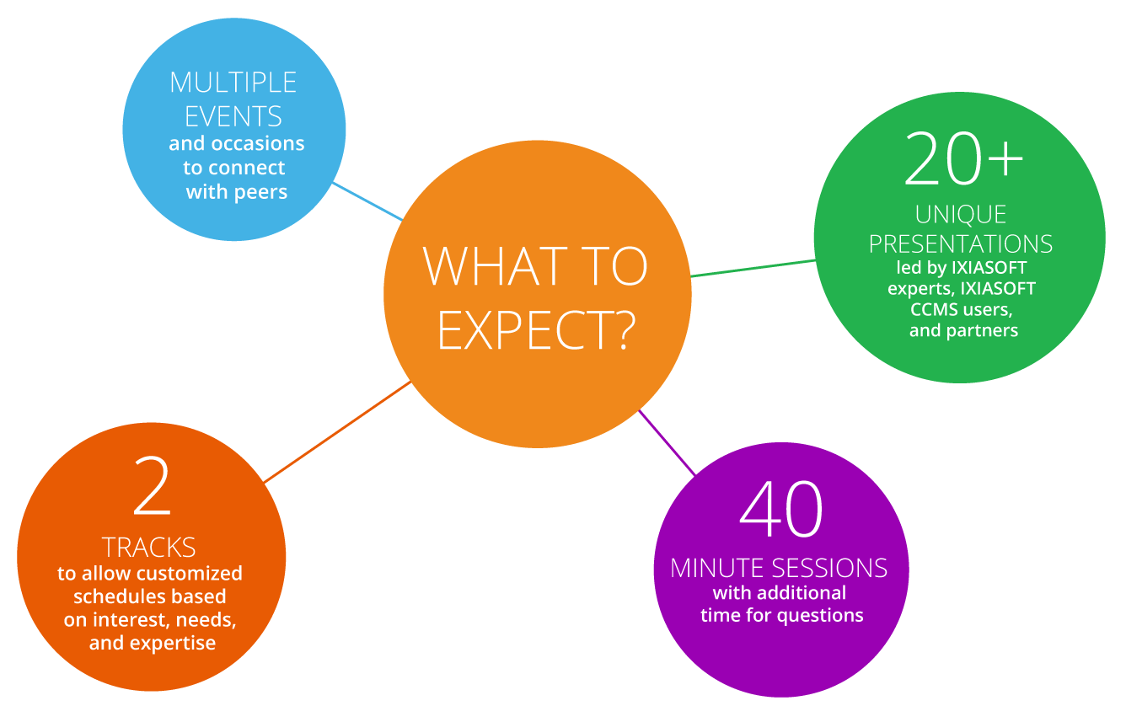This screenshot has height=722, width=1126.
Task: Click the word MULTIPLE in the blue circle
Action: click(233, 83)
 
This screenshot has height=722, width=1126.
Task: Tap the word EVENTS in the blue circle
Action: click(233, 116)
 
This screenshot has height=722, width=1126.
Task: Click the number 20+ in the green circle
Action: click(963, 158)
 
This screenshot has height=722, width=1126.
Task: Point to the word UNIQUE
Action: click(961, 215)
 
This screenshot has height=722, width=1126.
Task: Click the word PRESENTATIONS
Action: click(961, 244)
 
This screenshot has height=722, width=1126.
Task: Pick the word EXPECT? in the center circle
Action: click(536, 330)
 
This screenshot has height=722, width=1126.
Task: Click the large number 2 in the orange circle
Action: click(152, 485)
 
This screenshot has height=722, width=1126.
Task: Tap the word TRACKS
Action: click(149, 547)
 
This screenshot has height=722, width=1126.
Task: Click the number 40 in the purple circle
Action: click(780, 509)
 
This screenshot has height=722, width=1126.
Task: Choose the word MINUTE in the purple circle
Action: click(717, 569)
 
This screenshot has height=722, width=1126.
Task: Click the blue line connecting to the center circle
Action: click(368, 201)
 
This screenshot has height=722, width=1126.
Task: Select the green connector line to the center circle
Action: click(753, 268)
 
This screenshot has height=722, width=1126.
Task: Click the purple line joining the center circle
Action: click(667, 442)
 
